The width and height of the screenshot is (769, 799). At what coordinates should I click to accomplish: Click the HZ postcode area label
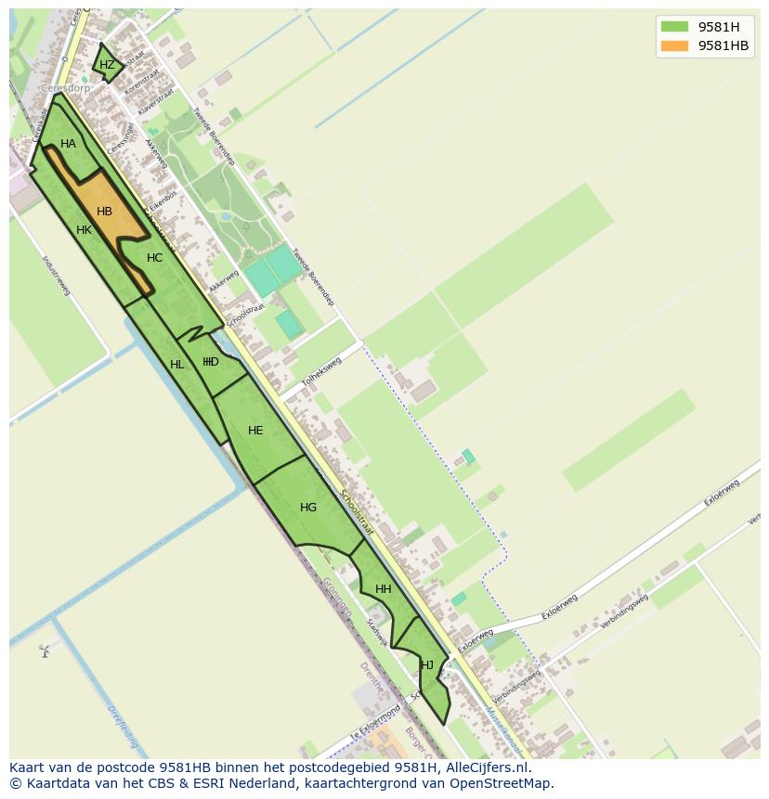tap(107, 65)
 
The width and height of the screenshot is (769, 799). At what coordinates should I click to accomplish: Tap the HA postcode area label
tap(68, 144)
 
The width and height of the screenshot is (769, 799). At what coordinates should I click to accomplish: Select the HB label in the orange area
tap(104, 212)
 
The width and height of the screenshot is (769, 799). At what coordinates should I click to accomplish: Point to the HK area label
tap(84, 230)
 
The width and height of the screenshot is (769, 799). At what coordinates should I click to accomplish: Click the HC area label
tap(154, 258)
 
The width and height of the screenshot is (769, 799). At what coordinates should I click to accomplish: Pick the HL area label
tap(177, 365)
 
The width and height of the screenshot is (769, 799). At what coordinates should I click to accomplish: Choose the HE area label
tap(255, 431)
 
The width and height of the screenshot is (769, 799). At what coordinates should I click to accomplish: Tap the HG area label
tap(308, 508)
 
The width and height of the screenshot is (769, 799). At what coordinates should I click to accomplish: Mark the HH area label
tap(383, 589)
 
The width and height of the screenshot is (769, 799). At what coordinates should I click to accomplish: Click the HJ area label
tap(427, 664)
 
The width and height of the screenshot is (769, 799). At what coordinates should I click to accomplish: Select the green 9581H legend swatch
tap(674, 26)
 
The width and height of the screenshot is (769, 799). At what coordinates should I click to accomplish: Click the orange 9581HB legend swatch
tap(674, 45)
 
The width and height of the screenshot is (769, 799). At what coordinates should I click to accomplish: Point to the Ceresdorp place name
tap(65, 89)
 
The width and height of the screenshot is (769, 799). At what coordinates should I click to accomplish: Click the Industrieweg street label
tap(57, 276)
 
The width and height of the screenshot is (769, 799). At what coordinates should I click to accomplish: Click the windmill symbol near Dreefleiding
tap(44, 651)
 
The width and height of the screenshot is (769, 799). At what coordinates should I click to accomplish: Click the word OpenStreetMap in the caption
tap(502, 783)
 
